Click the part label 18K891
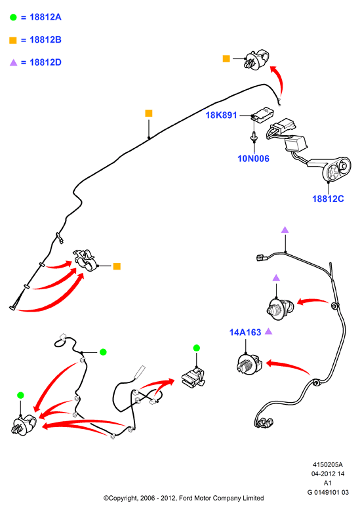point(221,115)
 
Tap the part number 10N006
point(254,159)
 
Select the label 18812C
point(328,199)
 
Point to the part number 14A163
point(245,333)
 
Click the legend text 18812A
point(46,17)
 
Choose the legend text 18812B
point(46,40)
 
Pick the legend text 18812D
point(46,62)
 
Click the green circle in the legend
point(13,17)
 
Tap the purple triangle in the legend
point(13,62)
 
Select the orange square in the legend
point(13,40)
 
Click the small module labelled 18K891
point(262,114)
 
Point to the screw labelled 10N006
point(254,136)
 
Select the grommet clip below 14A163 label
point(249,364)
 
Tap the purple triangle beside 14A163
point(268,331)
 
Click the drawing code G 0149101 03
point(328,492)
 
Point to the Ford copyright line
point(184,499)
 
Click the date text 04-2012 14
point(328,474)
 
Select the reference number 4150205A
point(328,464)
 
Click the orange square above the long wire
point(149,113)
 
